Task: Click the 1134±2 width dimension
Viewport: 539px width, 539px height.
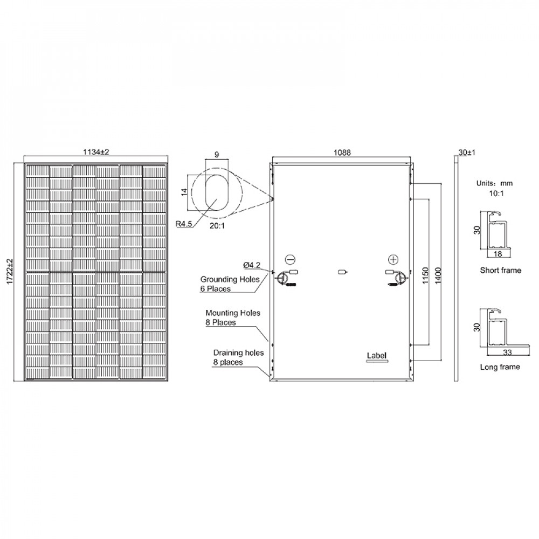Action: (x=96, y=151)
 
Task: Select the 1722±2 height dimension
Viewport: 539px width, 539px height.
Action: (x=10, y=272)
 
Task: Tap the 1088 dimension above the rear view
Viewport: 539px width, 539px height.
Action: (x=342, y=153)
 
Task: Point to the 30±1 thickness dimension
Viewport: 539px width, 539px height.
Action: (x=467, y=153)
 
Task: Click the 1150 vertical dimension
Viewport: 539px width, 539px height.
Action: (x=426, y=275)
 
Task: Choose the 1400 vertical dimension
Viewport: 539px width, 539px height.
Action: (x=438, y=275)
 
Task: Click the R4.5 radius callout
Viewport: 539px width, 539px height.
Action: (x=184, y=224)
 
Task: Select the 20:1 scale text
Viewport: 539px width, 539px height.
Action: (x=217, y=226)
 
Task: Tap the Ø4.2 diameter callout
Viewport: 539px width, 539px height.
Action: (x=252, y=265)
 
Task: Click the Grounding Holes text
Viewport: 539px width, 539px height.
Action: (x=230, y=279)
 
